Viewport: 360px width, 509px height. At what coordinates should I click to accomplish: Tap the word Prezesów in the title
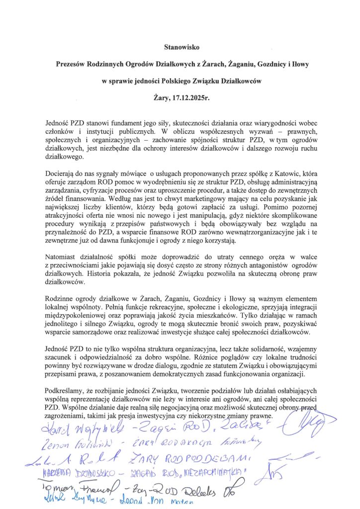pos(76,65)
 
